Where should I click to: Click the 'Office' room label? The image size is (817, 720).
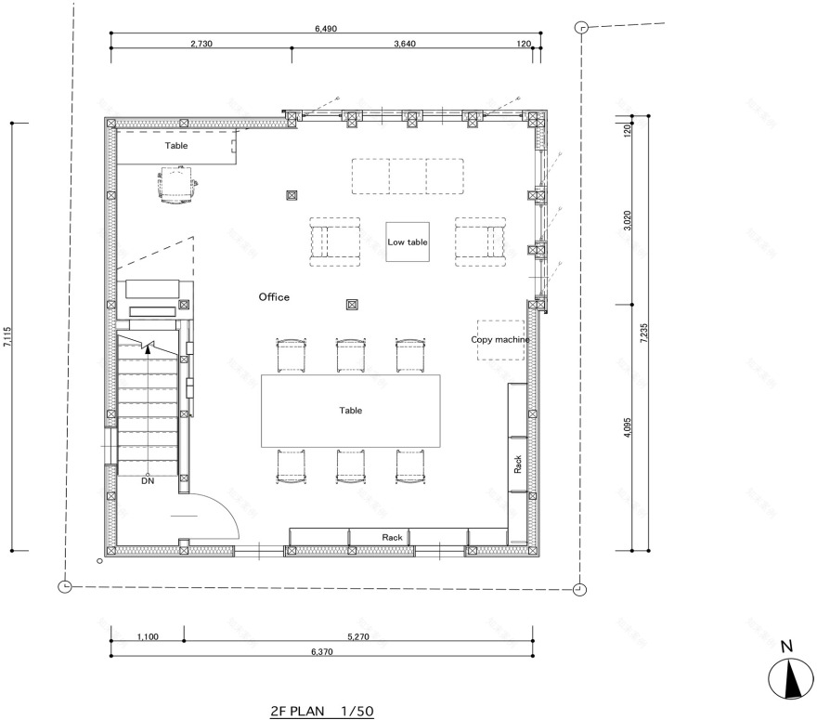274,297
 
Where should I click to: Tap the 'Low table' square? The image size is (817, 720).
408,242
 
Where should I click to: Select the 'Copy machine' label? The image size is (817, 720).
500,340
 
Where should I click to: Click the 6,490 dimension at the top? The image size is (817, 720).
326,29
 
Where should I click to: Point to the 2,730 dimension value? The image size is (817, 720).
201,44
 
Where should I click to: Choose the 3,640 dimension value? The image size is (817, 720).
406,44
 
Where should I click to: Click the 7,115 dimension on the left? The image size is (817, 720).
8,336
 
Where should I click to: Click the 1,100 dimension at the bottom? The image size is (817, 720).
148,637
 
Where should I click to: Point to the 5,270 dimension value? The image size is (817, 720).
357,637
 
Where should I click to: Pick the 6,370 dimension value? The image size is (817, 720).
320,652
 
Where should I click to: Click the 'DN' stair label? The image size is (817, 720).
148,481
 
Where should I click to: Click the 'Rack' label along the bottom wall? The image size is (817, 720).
392,537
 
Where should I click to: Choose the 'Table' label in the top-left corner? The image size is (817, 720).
176,146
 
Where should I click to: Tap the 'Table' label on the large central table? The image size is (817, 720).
350,410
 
